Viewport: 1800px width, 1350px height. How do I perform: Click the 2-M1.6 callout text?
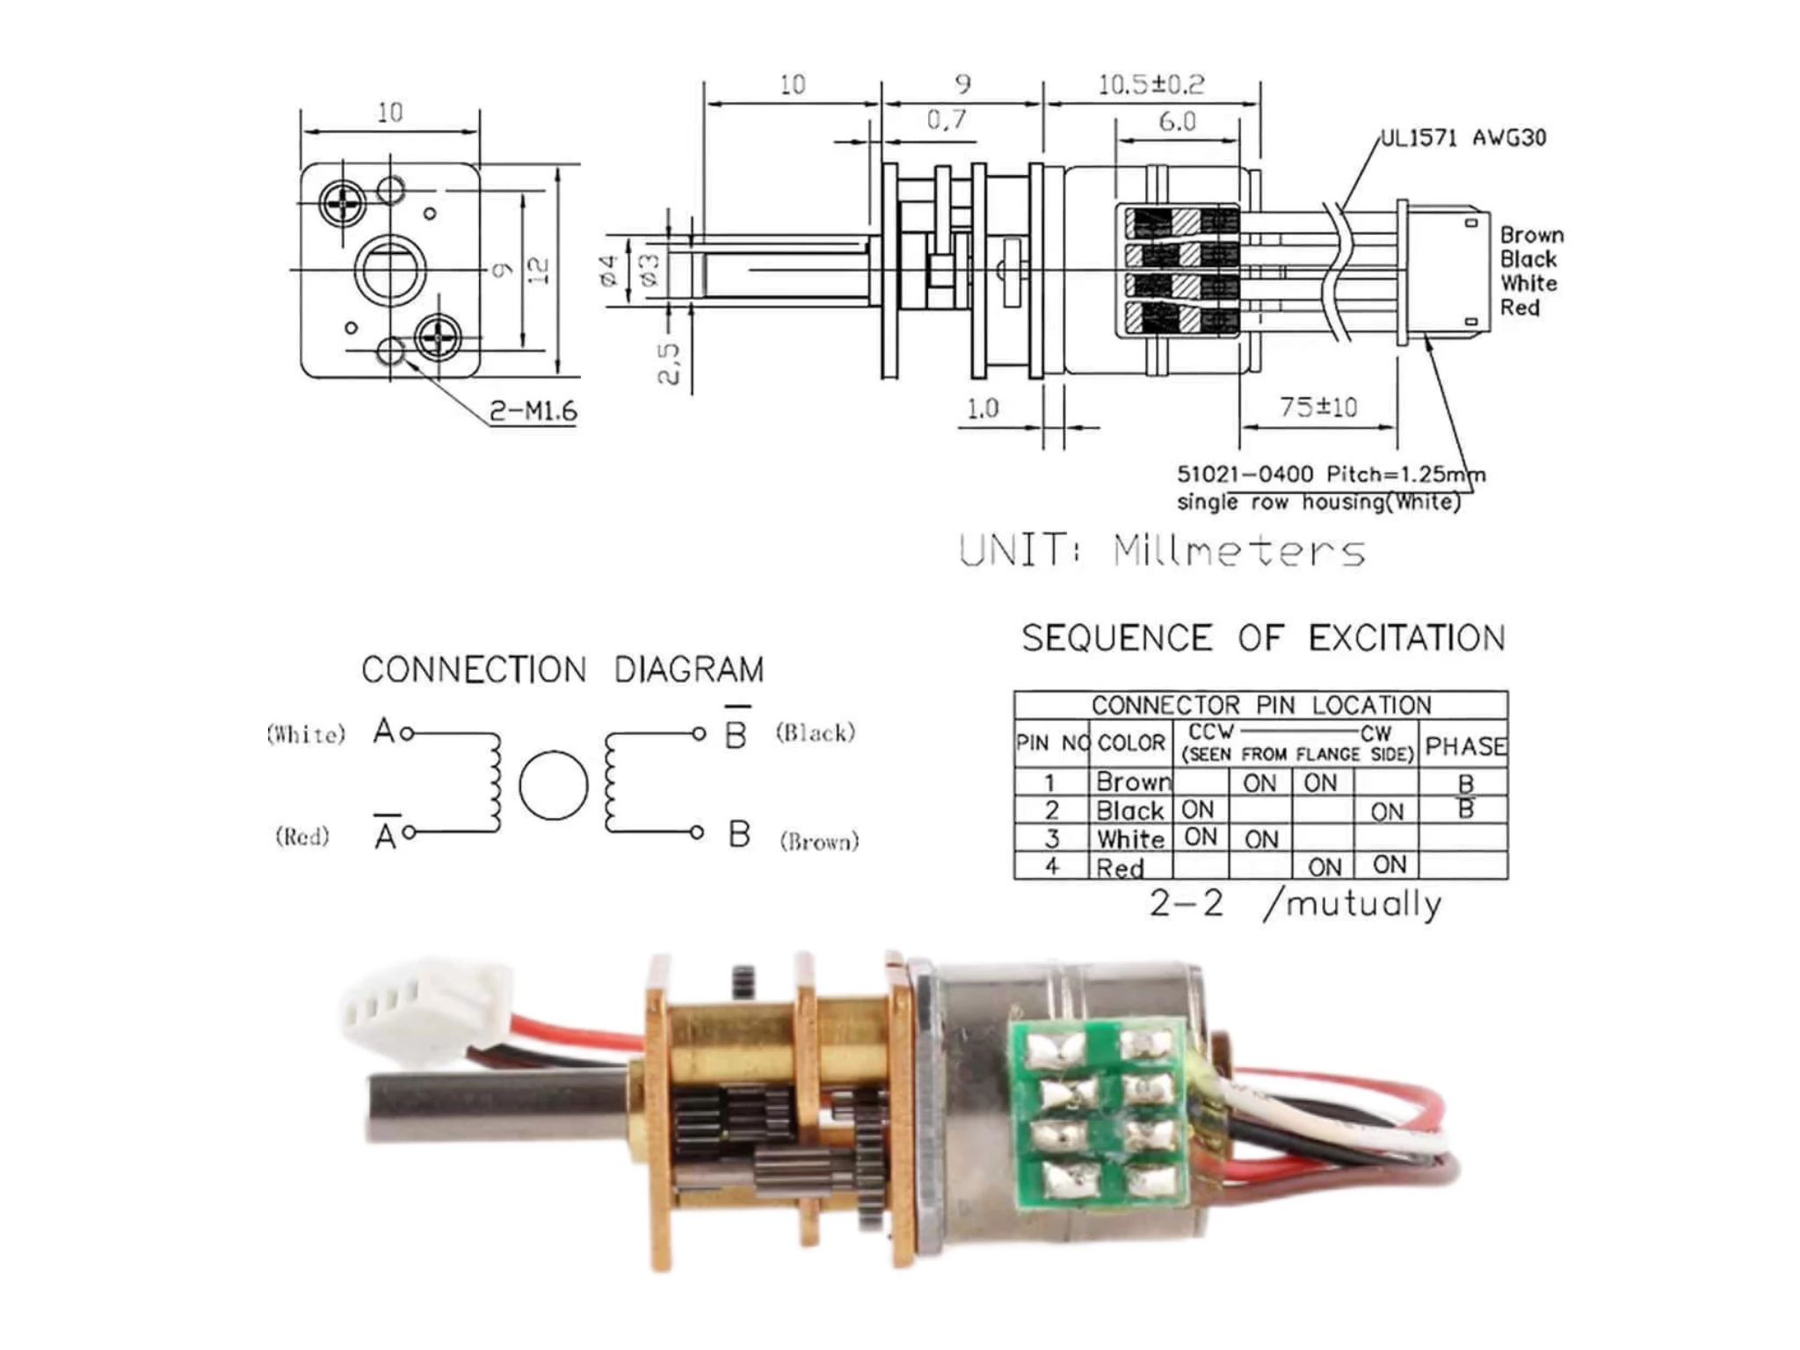pyautogui.click(x=533, y=410)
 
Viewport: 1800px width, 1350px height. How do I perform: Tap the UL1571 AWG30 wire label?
pyautogui.click(x=1462, y=138)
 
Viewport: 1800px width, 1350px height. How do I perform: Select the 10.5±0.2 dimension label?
pyautogui.click(x=1150, y=85)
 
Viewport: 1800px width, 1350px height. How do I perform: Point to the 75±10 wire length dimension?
pyautogui.click(x=1317, y=407)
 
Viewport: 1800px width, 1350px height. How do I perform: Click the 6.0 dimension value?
pyautogui.click(x=1177, y=121)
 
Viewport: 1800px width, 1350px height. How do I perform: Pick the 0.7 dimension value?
pyautogui.click(x=946, y=120)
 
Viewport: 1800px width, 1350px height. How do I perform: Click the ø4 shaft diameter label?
pyautogui.click(x=608, y=271)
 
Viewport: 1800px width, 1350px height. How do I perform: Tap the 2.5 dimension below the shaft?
pyautogui.click(x=669, y=363)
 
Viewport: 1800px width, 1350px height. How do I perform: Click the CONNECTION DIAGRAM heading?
pyautogui.click(x=562, y=670)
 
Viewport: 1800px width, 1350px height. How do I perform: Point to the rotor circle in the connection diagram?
pyautogui.click(x=553, y=785)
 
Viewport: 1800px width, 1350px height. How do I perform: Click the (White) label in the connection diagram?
pyautogui.click(x=306, y=734)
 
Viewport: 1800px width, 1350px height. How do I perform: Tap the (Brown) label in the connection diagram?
pyautogui.click(x=819, y=841)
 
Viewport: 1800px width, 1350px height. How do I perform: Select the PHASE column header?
pyautogui.click(x=1464, y=746)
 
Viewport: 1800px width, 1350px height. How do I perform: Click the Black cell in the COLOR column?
pyautogui.click(x=1130, y=810)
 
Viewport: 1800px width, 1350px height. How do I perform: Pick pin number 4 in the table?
pyautogui.click(x=1051, y=866)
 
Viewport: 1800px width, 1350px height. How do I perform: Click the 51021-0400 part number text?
pyautogui.click(x=1245, y=475)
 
